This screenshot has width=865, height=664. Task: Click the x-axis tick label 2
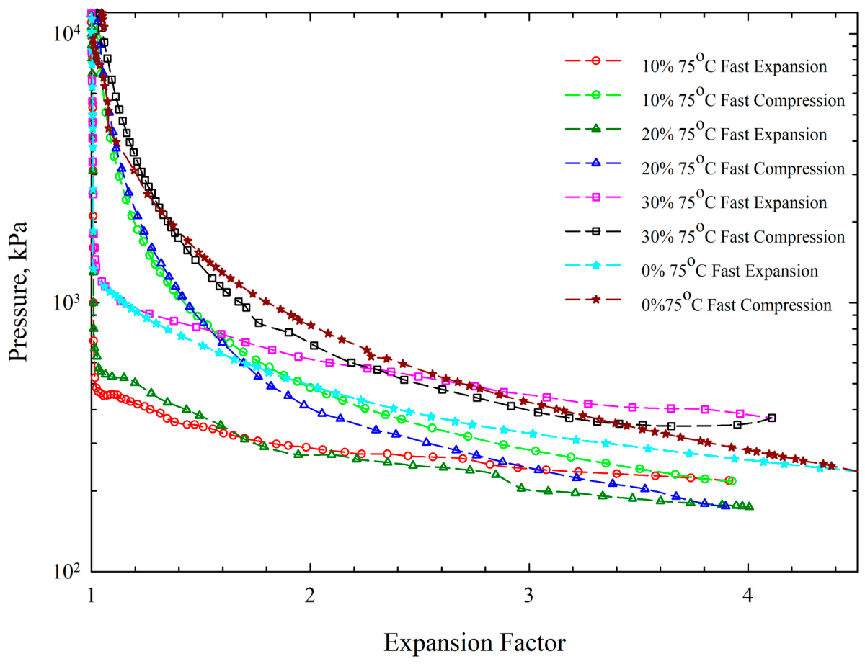click(x=310, y=596)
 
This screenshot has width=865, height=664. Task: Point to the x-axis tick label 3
click(x=528, y=596)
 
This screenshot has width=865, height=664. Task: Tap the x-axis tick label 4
click(x=748, y=596)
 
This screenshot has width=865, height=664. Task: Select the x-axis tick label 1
click(x=92, y=596)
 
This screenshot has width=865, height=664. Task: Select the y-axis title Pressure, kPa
click(x=18, y=292)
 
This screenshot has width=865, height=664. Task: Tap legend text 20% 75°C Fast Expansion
click(x=734, y=132)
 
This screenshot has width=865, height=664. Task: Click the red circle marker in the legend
click(x=595, y=60)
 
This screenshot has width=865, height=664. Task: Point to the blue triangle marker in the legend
click(x=595, y=163)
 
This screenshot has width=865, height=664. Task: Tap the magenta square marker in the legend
click(x=595, y=197)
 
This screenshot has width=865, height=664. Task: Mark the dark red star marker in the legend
click(x=595, y=300)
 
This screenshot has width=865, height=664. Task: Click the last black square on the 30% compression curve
click(x=772, y=418)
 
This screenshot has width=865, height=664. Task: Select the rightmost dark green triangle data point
click(x=750, y=506)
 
